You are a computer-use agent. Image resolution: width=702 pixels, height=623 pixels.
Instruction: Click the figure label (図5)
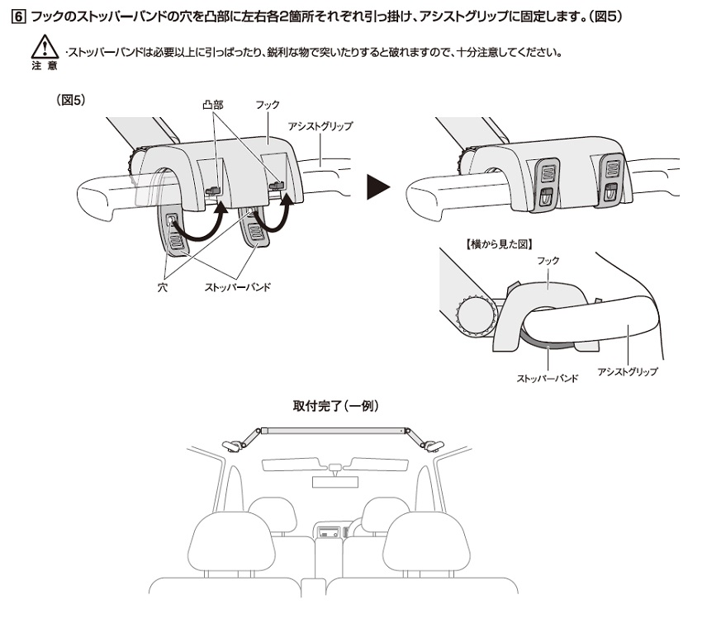pyautogui.click(x=71, y=100)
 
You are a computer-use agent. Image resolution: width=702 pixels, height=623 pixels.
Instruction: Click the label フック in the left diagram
pyautogui.click(x=268, y=106)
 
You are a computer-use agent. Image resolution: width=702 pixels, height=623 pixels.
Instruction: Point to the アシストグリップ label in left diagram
pyautogui.click(x=320, y=127)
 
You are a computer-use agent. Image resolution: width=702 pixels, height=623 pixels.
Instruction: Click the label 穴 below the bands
pyautogui.click(x=162, y=288)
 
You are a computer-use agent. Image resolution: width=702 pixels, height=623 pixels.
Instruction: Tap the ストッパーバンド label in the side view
pyautogui.click(x=546, y=377)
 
